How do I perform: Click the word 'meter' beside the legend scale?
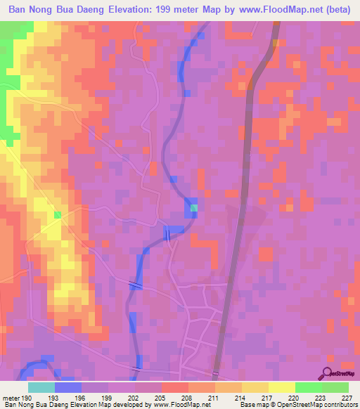(x=11, y=398)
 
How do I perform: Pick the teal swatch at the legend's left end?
(x=41, y=388)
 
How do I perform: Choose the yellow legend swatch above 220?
(x=281, y=388)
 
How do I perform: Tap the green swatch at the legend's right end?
(x=335, y=388)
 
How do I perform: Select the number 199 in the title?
(x=185, y=11)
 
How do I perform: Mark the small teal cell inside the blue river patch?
(x=194, y=207)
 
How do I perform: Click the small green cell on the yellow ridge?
(x=58, y=214)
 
